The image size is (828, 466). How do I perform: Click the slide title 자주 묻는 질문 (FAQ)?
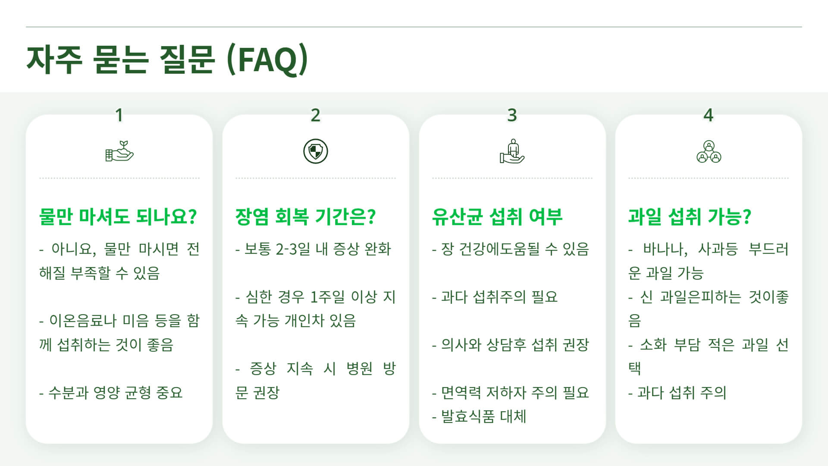click(x=167, y=60)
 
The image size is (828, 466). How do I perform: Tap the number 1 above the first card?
click(x=119, y=115)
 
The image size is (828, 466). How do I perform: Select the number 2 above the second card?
click(x=316, y=115)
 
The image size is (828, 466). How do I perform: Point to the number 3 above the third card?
click(x=512, y=115)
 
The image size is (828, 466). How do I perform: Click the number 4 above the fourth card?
click(x=708, y=115)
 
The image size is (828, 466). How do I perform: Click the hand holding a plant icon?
click(x=119, y=151)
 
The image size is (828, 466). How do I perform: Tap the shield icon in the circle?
click(x=316, y=151)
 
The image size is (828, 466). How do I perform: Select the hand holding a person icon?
click(x=512, y=151)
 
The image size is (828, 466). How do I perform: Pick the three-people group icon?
click(x=709, y=151)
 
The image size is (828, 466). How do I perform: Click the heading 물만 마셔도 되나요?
click(x=118, y=217)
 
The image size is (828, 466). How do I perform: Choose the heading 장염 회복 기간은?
click(x=305, y=217)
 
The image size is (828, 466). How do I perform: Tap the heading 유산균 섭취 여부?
click(x=497, y=217)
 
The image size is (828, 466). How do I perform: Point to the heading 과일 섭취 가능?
click(x=690, y=217)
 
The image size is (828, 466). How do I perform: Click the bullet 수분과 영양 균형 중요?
click(x=111, y=393)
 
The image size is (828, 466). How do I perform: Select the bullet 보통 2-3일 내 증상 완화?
click(x=314, y=249)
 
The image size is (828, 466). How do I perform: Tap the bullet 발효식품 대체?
click(x=479, y=416)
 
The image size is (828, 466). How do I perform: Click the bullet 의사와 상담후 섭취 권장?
click(x=511, y=345)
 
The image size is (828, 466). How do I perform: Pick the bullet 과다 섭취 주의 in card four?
click(x=677, y=393)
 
